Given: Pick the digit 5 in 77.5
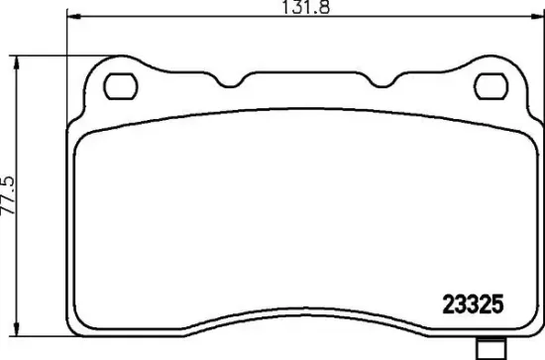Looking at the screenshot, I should point(10,181).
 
